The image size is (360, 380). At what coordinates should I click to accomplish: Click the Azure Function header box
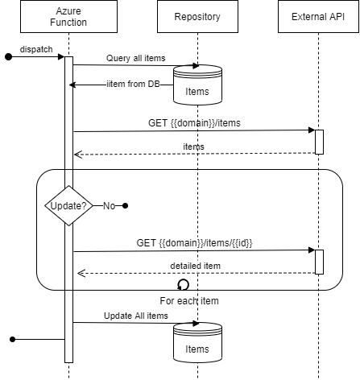coord(68,16)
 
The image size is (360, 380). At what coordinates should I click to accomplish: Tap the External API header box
coord(317,16)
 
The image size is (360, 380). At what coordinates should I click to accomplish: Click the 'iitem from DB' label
coord(133,85)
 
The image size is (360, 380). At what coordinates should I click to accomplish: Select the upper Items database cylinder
coord(197,85)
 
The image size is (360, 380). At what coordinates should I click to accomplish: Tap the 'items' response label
coord(193,147)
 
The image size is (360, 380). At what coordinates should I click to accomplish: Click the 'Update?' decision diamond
coord(68,206)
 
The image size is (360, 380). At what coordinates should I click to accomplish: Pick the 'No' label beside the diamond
coord(109,206)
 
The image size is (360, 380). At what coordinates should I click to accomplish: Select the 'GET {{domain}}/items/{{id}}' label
coord(196,242)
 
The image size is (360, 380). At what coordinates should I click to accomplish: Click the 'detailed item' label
coord(195,265)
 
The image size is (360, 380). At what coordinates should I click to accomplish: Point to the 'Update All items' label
coord(136,316)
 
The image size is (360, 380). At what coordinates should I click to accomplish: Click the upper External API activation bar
coord(319,142)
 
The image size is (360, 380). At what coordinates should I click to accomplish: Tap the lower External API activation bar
coord(319,262)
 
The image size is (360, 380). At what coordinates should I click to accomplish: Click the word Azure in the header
coord(68,10)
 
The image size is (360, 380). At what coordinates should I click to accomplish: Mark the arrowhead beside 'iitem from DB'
coord(72,85)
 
